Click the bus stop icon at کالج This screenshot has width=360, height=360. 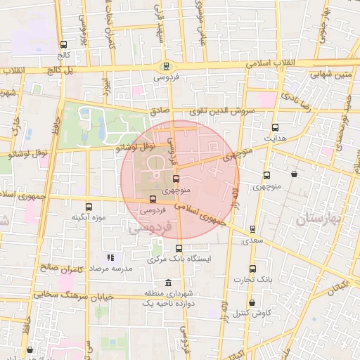coord(65,44)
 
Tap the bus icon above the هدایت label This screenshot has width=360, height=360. coord(275,128)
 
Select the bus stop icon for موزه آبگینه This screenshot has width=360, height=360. coord(89,207)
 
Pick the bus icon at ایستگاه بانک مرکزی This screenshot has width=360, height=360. coord(179,248)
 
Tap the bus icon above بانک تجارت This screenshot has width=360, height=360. coord(253,269)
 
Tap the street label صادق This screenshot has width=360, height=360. coord(159,111)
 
